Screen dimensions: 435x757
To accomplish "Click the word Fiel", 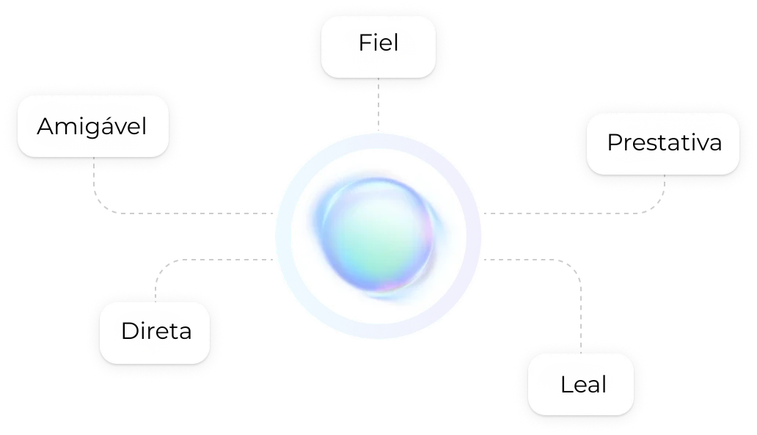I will click(x=378, y=43).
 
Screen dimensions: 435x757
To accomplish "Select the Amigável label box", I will click(x=92, y=126).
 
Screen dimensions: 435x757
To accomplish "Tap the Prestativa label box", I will click(x=663, y=143).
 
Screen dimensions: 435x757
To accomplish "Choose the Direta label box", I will click(x=156, y=332).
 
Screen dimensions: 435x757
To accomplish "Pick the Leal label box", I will click(x=581, y=384).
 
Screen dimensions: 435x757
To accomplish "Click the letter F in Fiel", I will click(x=363, y=43).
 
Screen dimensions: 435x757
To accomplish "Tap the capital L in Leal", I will click(x=565, y=384).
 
